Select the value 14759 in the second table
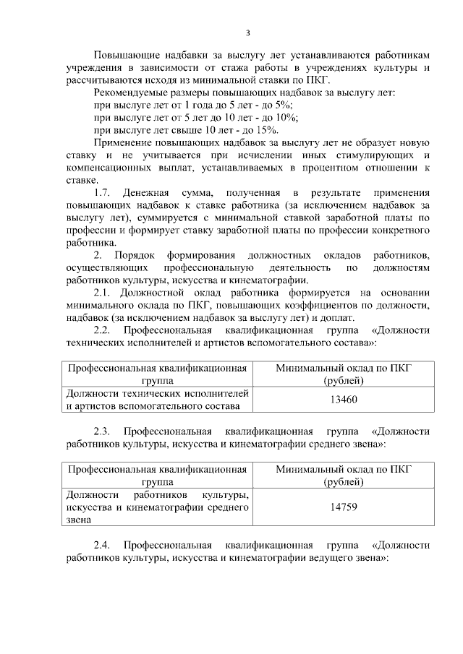coord(343,507)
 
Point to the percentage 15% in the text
coord(266,130)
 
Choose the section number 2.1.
coord(104,293)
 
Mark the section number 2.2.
coord(104,330)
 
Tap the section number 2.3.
coord(104,431)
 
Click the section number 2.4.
coord(104,545)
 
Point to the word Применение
coord(124,143)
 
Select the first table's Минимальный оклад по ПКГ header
coord(343,374)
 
